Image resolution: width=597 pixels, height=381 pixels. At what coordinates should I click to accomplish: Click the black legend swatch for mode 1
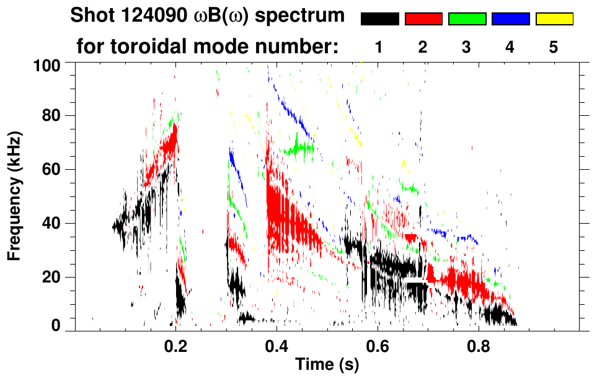[379, 19]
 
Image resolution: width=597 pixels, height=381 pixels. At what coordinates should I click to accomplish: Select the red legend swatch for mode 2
[423, 19]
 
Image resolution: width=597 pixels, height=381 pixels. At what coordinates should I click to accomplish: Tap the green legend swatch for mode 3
[467, 19]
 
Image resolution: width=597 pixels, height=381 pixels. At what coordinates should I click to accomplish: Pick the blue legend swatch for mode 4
[510, 19]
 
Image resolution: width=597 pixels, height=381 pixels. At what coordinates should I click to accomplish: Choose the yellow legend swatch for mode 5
[554, 19]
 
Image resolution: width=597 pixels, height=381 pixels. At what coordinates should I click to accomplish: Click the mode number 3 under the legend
[466, 47]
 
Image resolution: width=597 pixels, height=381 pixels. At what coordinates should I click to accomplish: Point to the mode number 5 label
[554, 47]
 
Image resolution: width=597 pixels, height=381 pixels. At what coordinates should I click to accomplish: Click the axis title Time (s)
[327, 365]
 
